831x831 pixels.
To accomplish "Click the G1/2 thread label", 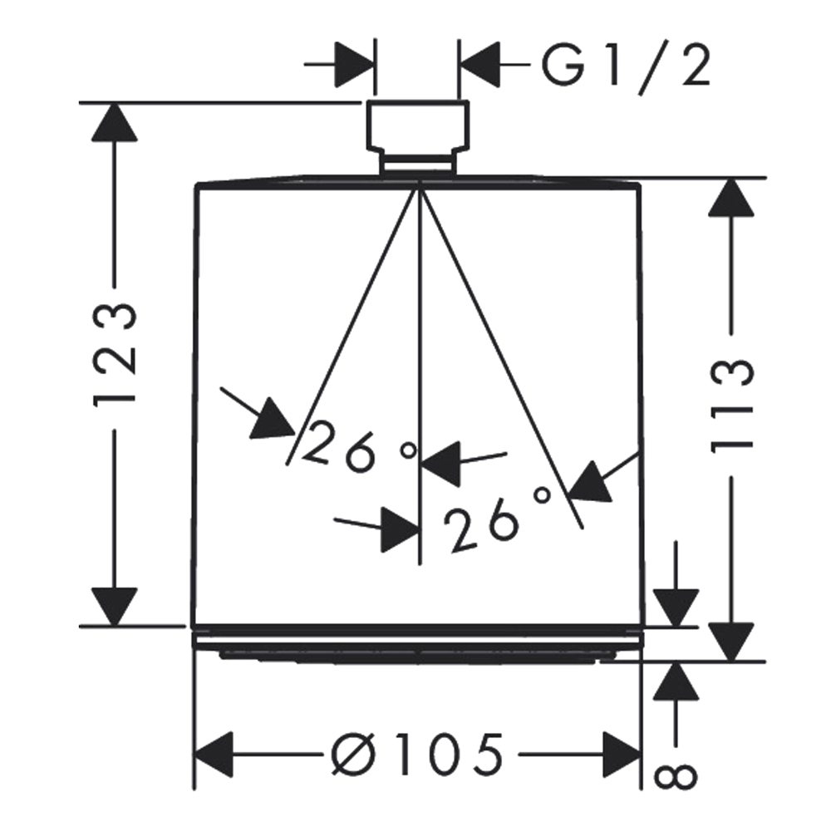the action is pos(627,66).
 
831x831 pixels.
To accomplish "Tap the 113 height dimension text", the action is pos(732,406).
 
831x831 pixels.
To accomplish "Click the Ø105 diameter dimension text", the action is pos(416,755).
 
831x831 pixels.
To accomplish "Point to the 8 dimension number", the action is pos(676,777).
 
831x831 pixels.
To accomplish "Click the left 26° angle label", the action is pos(359,445).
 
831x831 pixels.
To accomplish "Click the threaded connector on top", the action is pos(417,137).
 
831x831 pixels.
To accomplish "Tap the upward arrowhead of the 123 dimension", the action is pos(115,122).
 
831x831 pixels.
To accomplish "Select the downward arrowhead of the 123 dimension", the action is pos(115,607).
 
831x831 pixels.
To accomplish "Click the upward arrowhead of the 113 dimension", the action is pos(731,197).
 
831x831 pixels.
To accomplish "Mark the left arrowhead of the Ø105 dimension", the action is pos(214,755).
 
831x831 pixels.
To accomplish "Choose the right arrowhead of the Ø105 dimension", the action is pos(622,755).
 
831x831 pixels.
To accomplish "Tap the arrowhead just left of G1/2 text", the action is pos(479,65).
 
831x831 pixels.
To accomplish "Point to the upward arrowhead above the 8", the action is pos(676,681).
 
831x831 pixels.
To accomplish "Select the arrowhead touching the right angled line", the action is pos(588,482).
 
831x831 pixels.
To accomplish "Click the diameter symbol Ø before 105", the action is pos(353,755).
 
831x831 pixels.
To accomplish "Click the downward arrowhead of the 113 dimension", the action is pos(731,642).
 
